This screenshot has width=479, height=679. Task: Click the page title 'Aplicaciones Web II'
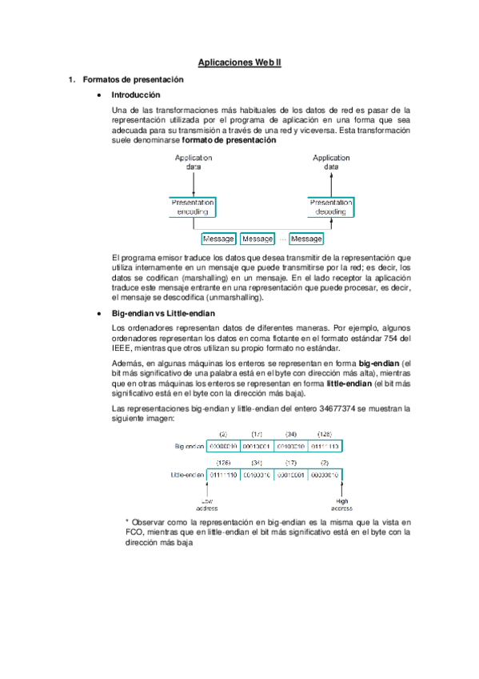[x=239, y=61]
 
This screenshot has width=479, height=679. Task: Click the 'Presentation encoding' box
[x=193, y=207]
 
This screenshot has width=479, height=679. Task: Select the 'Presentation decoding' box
[x=330, y=207]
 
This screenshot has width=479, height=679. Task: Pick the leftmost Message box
[x=218, y=239]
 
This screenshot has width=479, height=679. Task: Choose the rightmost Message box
[x=306, y=239]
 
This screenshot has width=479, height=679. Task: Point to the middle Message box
[x=257, y=239]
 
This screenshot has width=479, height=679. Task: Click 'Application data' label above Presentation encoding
[x=193, y=163]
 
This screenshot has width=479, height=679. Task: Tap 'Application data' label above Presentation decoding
[x=330, y=163]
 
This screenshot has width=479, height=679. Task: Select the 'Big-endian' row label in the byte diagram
[x=189, y=446]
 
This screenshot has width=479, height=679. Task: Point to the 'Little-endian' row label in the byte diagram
[x=189, y=475]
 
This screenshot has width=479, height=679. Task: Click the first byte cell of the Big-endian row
[x=223, y=446]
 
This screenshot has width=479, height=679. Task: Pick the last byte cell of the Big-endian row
[x=324, y=446]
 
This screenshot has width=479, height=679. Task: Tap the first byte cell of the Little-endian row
[x=223, y=475]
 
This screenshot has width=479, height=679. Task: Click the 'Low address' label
[x=206, y=504]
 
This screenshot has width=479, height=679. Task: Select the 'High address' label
[x=341, y=504]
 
